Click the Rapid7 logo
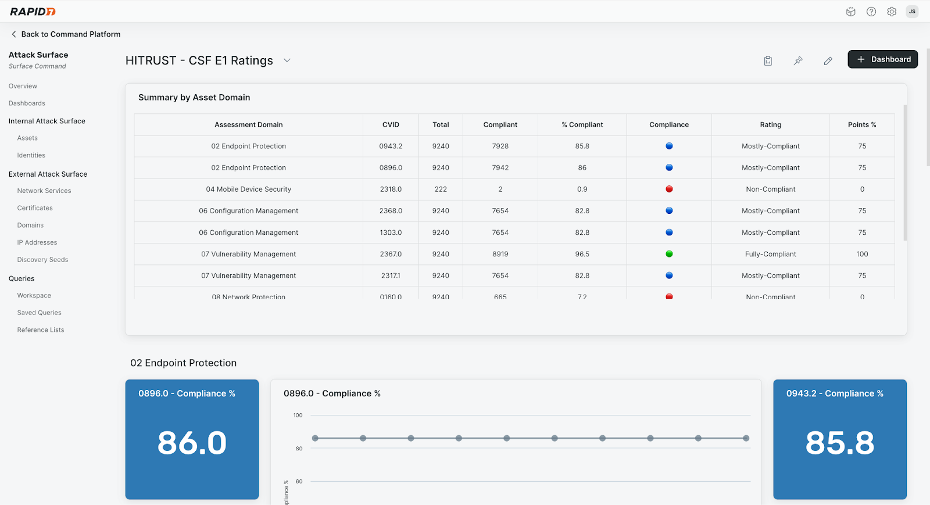coord(33,12)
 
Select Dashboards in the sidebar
coord(27,103)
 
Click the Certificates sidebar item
coord(35,208)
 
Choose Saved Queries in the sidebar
coord(39,313)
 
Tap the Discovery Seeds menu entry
coord(42,260)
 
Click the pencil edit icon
coord(828,60)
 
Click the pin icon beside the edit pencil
coord(798,60)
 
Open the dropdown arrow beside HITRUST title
coord(287,60)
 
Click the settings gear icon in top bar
coord(892,12)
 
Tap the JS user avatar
coord(912,12)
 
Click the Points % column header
coord(861,124)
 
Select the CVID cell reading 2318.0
coord(391,189)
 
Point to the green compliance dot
coord(669,254)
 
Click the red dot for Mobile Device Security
coord(669,189)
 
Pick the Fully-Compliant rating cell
coord(770,254)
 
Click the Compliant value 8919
coord(500,254)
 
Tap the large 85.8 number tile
coord(839,443)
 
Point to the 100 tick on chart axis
coord(298,416)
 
